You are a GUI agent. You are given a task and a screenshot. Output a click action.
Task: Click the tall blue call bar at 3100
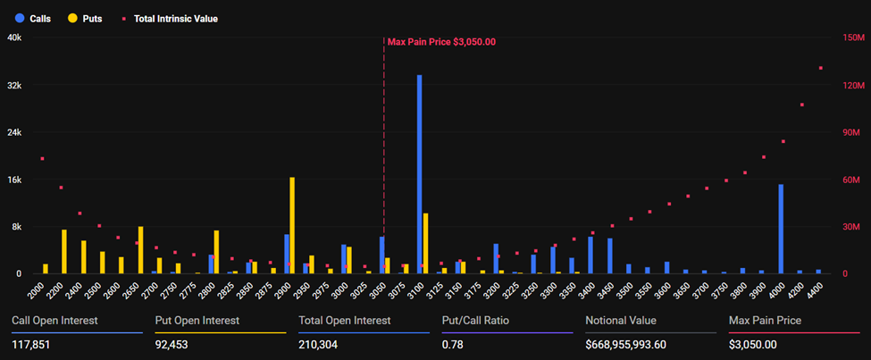(x=419, y=174)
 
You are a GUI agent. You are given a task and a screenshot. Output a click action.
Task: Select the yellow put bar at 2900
(x=292, y=225)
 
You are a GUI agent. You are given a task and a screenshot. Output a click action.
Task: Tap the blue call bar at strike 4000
(x=781, y=229)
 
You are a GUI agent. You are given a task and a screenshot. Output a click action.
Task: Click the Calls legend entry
(x=33, y=18)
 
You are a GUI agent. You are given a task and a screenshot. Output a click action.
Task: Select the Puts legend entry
(x=84, y=18)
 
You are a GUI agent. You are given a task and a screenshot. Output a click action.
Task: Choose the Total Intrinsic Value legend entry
(x=169, y=18)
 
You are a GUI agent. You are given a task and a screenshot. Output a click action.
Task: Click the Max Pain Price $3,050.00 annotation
(x=441, y=42)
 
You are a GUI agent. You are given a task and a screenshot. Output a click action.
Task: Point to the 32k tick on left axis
(x=14, y=86)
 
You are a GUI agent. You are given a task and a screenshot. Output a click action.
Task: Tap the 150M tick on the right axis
(x=855, y=38)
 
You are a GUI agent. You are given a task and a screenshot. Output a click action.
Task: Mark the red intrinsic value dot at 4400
(x=820, y=69)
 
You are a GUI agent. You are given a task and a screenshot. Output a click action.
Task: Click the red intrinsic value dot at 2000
(x=42, y=159)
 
